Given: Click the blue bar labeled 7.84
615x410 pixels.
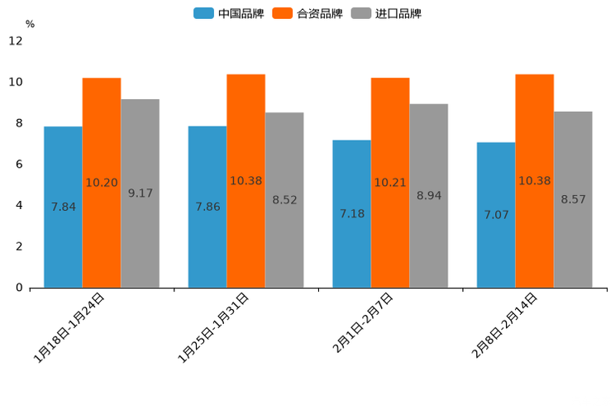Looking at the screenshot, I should pos(63,207).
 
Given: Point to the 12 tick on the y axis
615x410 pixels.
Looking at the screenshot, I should pos(16,41).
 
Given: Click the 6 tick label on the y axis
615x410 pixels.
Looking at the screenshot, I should pos(19,164).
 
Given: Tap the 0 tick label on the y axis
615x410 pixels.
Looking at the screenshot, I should pos(19,288).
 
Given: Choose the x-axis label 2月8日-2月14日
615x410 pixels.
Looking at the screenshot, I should pos(504,325).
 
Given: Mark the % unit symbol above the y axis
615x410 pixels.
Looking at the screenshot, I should pos(30,24).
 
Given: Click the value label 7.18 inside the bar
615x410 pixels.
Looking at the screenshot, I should pos(352,214).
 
